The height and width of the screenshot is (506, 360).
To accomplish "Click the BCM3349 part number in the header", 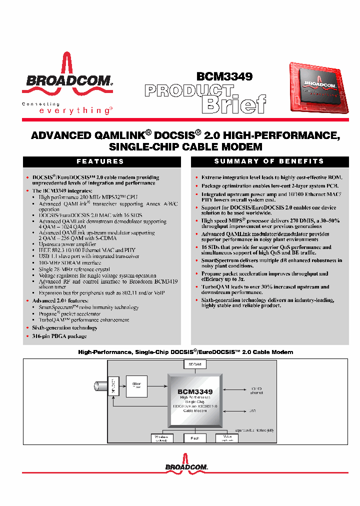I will pyautogui.click(x=224, y=76).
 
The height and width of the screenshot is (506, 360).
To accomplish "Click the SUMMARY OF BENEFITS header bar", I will pyautogui.click(x=269, y=161).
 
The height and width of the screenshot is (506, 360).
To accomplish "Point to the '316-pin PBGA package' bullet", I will pyautogui.click(x=59, y=336).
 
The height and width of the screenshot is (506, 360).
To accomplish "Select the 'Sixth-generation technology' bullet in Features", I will pyautogui.click(x=64, y=328).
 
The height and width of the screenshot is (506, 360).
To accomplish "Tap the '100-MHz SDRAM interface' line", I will pyautogui.click(x=70, y=262).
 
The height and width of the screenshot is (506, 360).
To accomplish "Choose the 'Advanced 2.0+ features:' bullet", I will pyautogui.click(x=60, y=300).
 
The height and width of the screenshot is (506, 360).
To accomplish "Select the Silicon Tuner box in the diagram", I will pyautogui.click(x=136, y=386).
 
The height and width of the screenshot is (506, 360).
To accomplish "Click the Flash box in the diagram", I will pyautogui.click(x=194, y=438).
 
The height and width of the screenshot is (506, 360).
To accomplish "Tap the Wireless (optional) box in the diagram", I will pyautogui.click(x=162, y=438).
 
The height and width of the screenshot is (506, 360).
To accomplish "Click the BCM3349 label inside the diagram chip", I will pyautogui.click(x=194, y=392).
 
